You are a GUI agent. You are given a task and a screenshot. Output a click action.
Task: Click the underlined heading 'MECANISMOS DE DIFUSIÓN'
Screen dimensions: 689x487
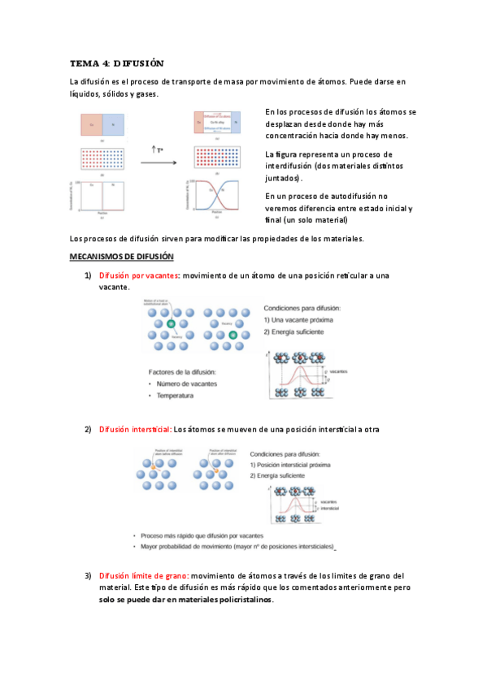pos(122,257)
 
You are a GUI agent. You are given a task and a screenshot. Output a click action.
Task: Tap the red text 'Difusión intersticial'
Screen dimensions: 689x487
pos(135,429)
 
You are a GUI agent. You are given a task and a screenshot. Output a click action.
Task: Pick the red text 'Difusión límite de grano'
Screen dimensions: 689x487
pos(143,576)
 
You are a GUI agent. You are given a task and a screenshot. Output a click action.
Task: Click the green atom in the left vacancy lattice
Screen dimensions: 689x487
pos(171,324)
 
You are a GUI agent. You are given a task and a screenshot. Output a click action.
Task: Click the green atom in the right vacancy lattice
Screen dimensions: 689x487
pos(233,335)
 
